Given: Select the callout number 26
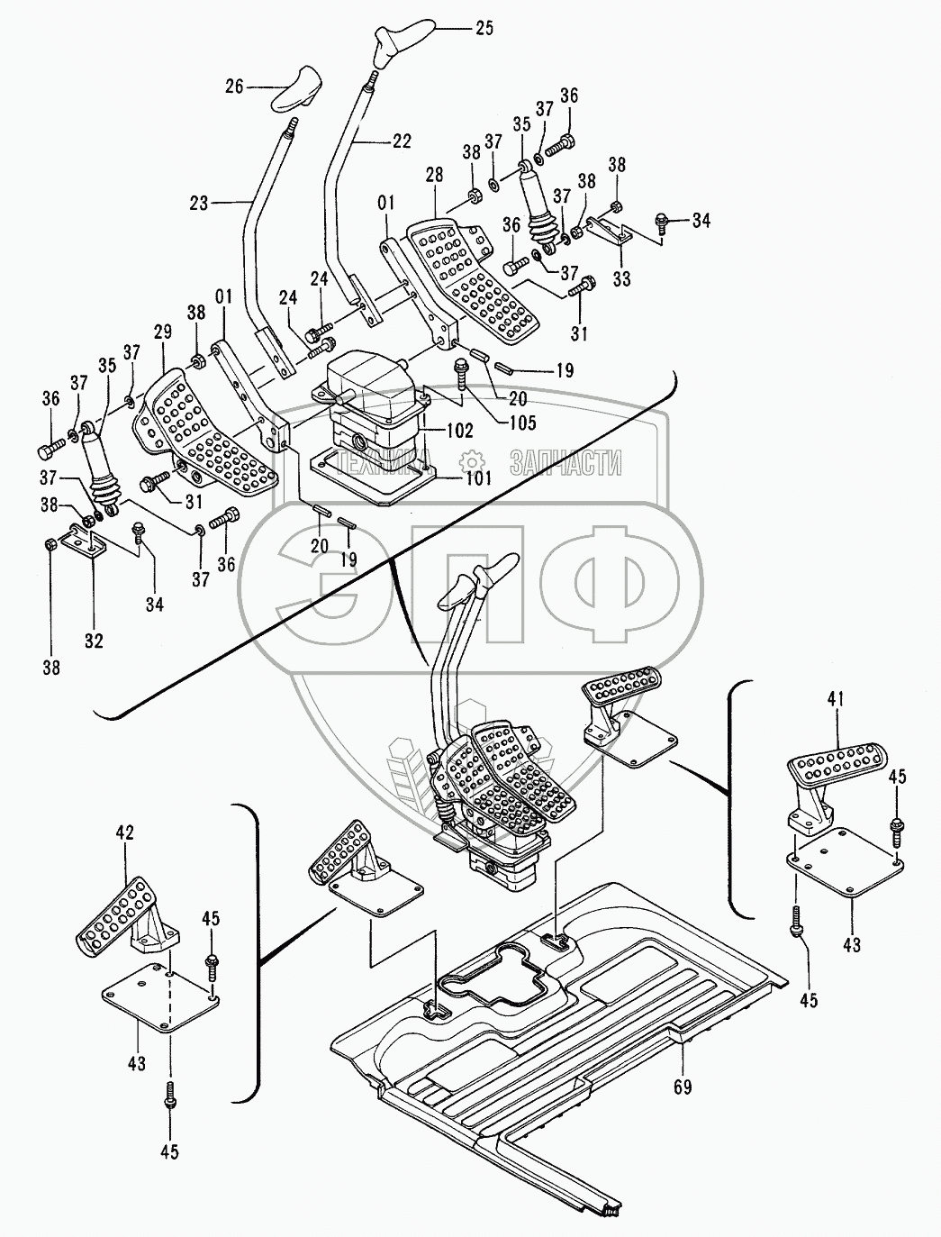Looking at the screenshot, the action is coord(235,86).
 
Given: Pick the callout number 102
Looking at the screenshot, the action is coord(459,430).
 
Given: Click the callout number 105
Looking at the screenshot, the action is coord(522,422).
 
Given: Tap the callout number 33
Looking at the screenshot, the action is coord(621,277).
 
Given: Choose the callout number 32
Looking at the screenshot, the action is coord(94,641).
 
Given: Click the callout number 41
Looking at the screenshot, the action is coord(835,699).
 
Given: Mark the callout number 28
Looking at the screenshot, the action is coord(434,175).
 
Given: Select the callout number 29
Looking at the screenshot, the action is coord(163,332).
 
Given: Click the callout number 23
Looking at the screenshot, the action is coord(199,203).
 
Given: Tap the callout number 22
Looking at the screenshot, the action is coord(401,141).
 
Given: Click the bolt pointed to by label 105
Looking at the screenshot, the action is coord(461,373).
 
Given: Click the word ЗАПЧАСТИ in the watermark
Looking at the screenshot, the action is coord(566,463).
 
